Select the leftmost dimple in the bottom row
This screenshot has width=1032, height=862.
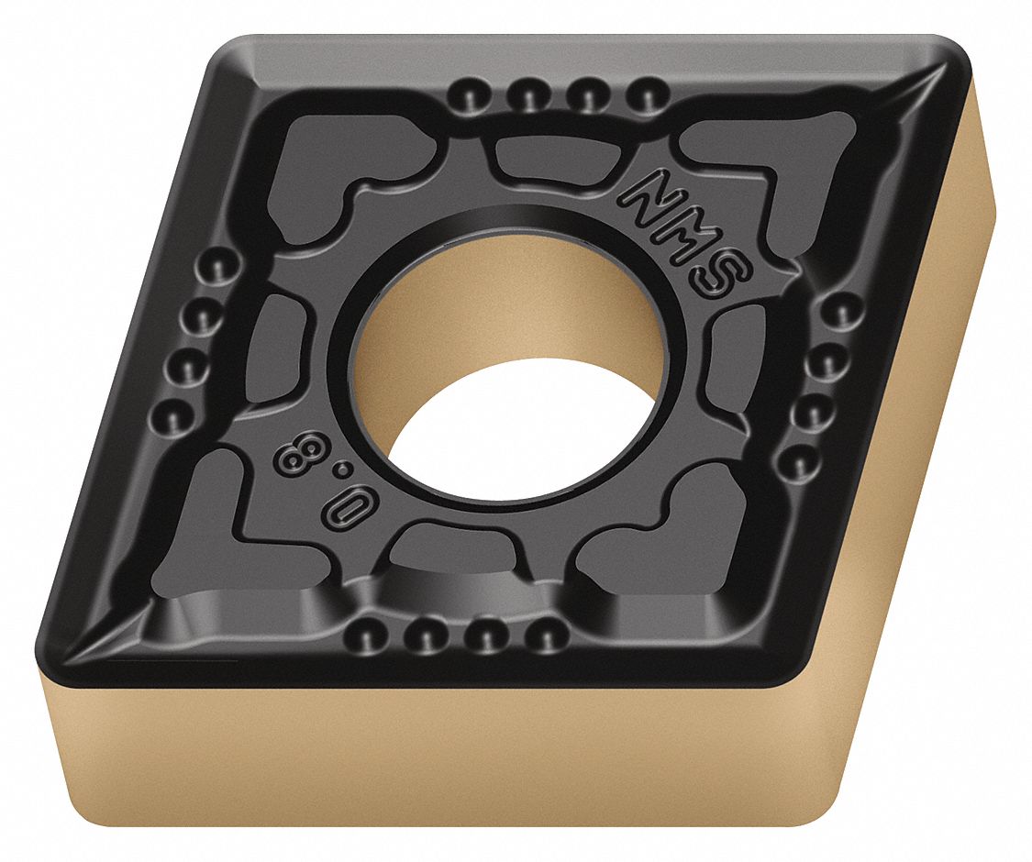coord(364,632)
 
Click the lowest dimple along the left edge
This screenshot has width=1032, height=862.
coord(172,417)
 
